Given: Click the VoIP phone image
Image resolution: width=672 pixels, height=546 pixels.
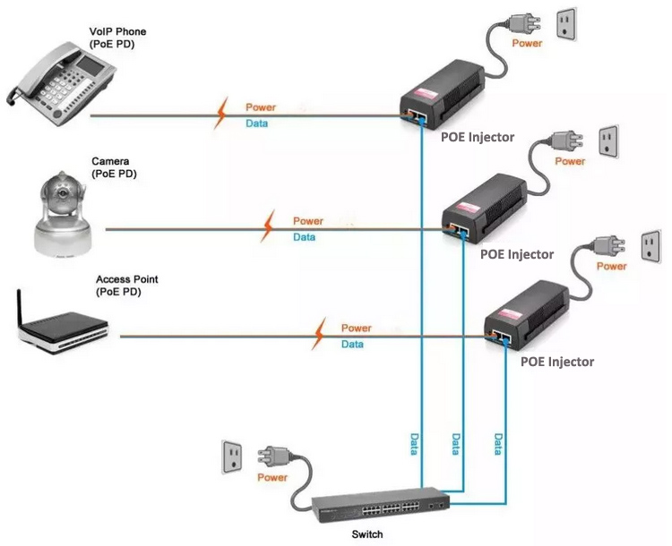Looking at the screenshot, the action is coord(61,84).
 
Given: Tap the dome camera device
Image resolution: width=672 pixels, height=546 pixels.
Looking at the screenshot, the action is coord(63,214).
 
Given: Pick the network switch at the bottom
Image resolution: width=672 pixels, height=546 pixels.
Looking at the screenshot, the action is coord(381,505).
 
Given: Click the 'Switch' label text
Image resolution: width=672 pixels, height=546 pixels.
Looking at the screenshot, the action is coord(366,534).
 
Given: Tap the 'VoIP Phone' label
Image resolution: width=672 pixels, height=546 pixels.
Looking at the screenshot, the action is coord(118,31).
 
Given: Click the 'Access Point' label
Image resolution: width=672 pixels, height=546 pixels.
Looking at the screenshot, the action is coord(127,279).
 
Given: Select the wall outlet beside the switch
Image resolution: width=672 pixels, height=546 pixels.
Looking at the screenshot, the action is coord(232,456).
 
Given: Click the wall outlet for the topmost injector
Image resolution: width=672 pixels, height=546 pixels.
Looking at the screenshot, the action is coord(566,24).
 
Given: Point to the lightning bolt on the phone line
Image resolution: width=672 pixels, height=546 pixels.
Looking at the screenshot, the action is coord(220,113).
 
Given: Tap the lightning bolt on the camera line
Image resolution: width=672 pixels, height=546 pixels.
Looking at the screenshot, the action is coord(268,226).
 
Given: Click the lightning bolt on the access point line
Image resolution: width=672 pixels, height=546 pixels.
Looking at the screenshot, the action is coord(318,334).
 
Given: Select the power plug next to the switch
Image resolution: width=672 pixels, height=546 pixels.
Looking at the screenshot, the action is coord(273,457).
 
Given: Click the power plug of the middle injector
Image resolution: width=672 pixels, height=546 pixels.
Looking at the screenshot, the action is coord(567,141).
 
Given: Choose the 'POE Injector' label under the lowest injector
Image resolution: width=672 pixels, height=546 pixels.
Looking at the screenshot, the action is coord(557,362).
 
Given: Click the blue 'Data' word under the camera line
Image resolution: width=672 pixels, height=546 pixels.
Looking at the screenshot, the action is coord(305,237).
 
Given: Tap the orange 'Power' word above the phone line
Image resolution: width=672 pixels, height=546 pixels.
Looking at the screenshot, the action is coord(261,107).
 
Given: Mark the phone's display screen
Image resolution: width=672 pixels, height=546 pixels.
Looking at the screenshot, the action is coord(91,64).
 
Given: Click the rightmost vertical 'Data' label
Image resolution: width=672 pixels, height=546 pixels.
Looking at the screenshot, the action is coord(498,444).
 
